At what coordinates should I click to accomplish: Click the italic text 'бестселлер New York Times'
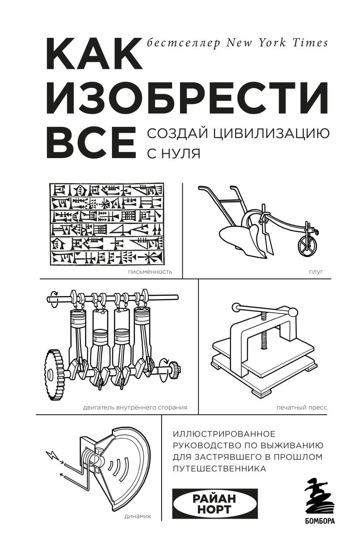tap(237, 43)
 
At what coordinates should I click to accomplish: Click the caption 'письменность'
tap(150, 272)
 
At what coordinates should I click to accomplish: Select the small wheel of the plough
tap(307, 246)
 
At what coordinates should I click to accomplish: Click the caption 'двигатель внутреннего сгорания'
tap(135, 407)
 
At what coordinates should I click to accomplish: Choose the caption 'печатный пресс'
tap(302, 407)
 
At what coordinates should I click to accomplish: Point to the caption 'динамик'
tap(138, 516)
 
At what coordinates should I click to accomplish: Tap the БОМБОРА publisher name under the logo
tap(319, 521)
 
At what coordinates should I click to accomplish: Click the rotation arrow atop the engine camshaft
tap(55, 293)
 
